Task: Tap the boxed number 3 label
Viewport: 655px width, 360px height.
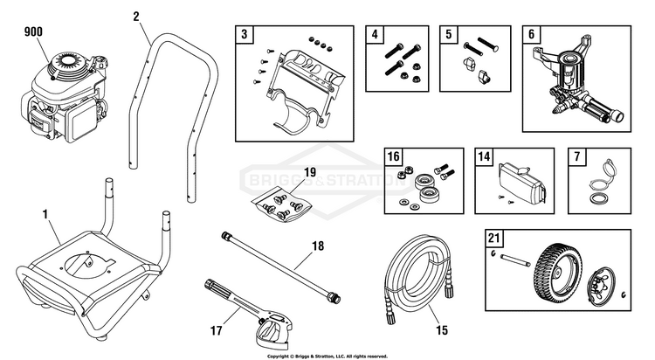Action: click(x=245, y=35)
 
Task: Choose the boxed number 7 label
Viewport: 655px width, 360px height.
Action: click(x=575, y=158)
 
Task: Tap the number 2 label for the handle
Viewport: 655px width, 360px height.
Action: click(x=137, y=16)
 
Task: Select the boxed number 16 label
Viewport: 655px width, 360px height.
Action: click(x=393, y=158)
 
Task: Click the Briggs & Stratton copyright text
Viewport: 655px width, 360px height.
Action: click(x=327, y=357)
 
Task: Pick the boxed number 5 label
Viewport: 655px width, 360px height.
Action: click(x=450, y=35)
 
